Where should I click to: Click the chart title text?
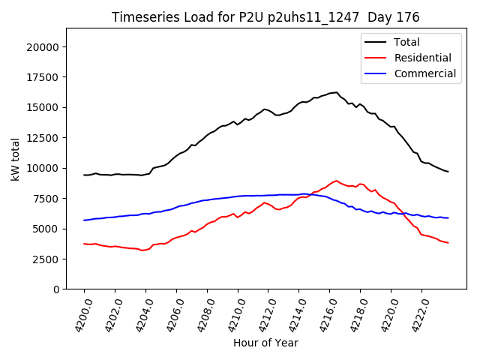pyautogui.click(x=265, y=17)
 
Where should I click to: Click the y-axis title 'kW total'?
pyautogui.click(x=15, y=159)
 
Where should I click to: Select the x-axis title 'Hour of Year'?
pyautogui.click(x=265, y=343)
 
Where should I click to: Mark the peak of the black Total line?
pyautogui.click(x=337, y=92)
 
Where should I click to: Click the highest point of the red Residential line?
pyautogui.click(x=337, y=181)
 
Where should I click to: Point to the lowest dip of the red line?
pyautogui.click(x=142, y=250)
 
